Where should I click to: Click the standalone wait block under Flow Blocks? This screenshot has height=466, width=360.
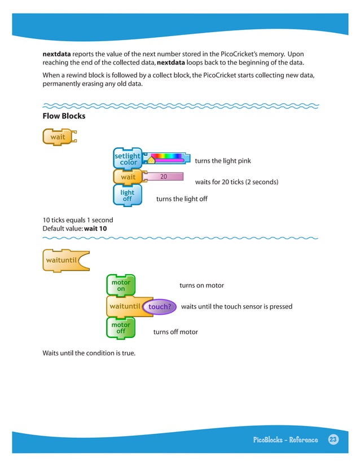(58, 137)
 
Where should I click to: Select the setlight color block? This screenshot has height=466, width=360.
(127, 159)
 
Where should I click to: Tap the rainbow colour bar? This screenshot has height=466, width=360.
(167, 157)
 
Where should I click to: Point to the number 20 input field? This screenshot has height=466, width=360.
(164, 177)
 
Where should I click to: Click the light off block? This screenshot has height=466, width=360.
(127, 196)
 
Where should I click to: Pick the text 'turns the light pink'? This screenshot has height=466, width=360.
(222, 161)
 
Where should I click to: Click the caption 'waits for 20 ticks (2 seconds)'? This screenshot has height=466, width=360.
(236, 182)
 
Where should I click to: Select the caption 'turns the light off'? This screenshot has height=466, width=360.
(182, 199)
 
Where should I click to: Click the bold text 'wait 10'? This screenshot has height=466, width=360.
(95, 228)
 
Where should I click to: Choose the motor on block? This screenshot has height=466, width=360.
(121, 285)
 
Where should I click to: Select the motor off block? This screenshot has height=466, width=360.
(121, 328)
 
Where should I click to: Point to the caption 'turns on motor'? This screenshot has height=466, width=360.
(201, 285)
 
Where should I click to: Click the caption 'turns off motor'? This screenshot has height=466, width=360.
(175, 332)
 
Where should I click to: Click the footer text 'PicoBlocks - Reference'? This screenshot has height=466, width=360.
(286, 440)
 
